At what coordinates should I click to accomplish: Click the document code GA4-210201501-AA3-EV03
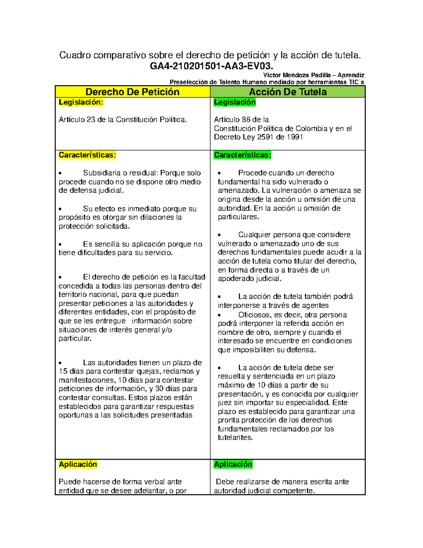pyautogui.click(x=211, y=66)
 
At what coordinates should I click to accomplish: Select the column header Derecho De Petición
pyautogui.click(x=133, y=92)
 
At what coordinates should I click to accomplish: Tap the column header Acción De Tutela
pyautogui.click(x=288, y=92)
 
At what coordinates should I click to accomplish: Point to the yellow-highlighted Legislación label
pyautogui.click(x=81, y=102)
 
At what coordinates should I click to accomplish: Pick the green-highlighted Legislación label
pyautogui.click(x=235, y=102)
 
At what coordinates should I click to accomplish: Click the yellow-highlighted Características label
pyautogui.click(x=87, y=155)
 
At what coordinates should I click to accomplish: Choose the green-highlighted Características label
pyautogui.click(x=243, y=155)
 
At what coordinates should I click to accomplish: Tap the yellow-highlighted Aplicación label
pyautogui.click(x=78, y=464)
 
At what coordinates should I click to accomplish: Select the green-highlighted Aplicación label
pyautogui.click(x=233, y=464)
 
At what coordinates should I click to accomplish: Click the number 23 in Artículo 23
pyautogui.click(x=91, y=120)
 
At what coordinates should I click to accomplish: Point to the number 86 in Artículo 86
pyautogui.click(x=246, y=120)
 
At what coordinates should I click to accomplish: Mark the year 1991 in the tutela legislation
pyautogui.click(x=295, y=137)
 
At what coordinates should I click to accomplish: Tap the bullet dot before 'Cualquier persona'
pyautogui.click(x=219, y=235)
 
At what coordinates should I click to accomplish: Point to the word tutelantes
pyautogui.click(x=235, y=438)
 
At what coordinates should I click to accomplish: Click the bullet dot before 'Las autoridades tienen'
pyautogui.click(x=61, y=363)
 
